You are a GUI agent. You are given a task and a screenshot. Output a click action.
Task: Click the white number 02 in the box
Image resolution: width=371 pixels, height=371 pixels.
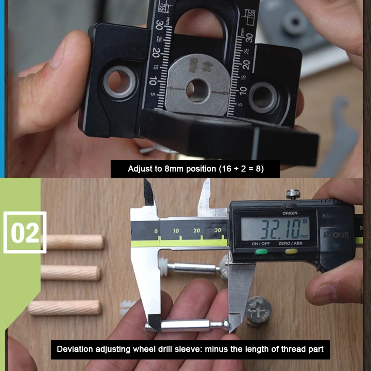24,232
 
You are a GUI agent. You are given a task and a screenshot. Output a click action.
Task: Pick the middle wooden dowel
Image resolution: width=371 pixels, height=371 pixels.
70,273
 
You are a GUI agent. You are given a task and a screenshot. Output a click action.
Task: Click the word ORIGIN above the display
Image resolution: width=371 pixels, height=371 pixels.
289,213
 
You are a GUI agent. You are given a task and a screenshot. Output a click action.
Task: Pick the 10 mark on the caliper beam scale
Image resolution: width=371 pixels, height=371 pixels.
176,231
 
